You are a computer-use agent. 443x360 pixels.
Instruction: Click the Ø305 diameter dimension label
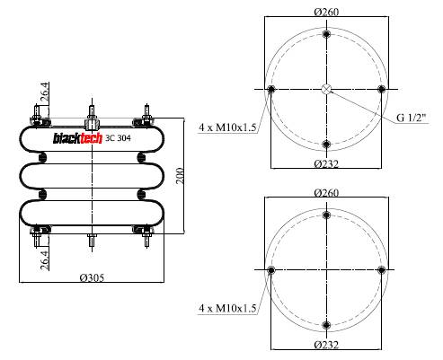click(x=92, y=277)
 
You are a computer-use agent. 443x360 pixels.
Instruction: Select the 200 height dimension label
click(x=180, y=176)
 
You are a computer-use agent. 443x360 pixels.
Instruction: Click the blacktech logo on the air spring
click(x=77, y=138)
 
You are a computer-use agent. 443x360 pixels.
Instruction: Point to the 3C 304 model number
click(x=118, y=138)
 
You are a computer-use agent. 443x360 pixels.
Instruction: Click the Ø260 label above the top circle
click(x=326, y=12)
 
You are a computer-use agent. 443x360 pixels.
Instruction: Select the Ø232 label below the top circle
click(x=326, y=163)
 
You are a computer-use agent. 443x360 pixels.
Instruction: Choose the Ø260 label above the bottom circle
click(x=326, y=192)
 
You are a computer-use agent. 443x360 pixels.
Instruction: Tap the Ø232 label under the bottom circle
click(x=326, y=345)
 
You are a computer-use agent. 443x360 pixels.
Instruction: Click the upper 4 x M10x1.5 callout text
click(x=227, y=127)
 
